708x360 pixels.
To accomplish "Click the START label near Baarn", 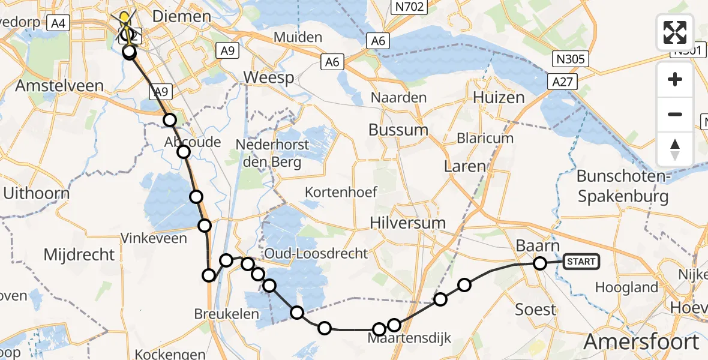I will [581, 262].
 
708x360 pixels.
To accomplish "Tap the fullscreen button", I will [675, 32].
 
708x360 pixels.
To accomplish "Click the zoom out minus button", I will [675, 114].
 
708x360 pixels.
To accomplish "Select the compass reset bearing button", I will [675, 149].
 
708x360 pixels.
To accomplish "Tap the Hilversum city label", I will [408, 223].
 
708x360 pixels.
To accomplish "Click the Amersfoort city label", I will [641, 342].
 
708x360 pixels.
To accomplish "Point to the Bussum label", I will [398, 130].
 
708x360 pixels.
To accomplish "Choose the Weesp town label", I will [268, 77].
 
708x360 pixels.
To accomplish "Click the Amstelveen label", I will [59, 86].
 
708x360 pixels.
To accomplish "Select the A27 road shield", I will [561, 82].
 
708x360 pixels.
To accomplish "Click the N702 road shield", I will [408, 7].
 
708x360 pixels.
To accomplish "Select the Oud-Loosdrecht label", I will [316, 253].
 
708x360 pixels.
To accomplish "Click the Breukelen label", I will [227, 314].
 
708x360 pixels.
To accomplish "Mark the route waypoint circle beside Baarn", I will [540, 263].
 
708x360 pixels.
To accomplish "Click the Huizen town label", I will [498, 97].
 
